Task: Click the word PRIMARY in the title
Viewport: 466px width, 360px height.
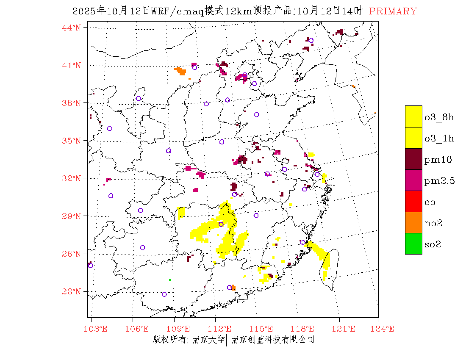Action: click(x=393, y=11)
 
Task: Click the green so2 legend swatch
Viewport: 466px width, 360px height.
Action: click(x=413, y=244)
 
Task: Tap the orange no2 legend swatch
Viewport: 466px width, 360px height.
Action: click(x=413, y=223)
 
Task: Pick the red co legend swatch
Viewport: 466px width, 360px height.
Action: click(x=413, y=202)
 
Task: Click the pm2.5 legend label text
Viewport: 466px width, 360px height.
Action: click(x=439, y=181)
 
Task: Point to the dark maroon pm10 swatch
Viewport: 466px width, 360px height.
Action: click(x=413, y=159)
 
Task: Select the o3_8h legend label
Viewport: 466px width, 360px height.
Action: click(x=439, y=117)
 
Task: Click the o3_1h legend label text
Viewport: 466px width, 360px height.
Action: click(x=439, y=138)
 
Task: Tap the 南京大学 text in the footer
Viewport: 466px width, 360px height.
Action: click(x=208, y=339)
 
